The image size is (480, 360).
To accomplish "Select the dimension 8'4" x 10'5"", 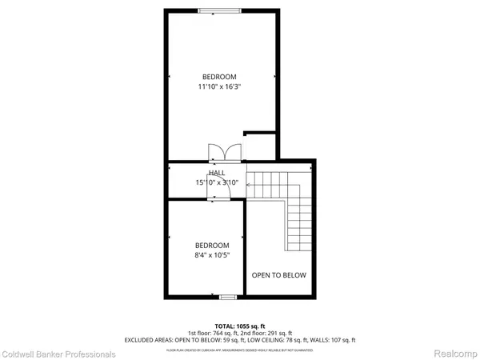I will pyautogui.click(x=212, y=255).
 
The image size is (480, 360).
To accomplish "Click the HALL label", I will pyautogui.click(x=217, y=173).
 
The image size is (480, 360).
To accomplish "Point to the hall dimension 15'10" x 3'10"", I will pyautogui.click(x=217, y=182).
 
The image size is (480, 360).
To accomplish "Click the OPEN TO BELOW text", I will pyautogui.click(x=279, y=275).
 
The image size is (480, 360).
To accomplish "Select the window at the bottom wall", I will pyautogui.click(x=229, y=297).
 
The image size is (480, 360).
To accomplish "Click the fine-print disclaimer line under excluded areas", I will pyautogui.click(x=239, y=348).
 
